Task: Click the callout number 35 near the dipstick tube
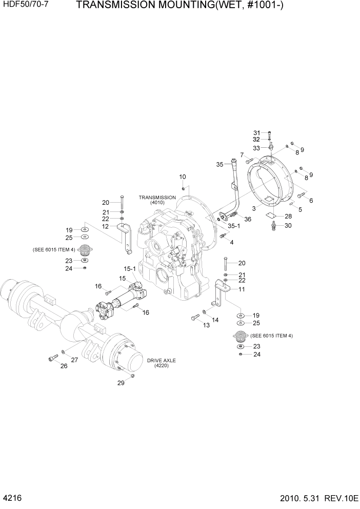click(x=219, y=165)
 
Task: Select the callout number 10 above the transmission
click(x=183, y=177)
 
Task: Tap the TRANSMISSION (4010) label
click(x=157, y=200)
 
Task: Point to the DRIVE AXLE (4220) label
click(x=161, y=364)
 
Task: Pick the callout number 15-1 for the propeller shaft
click(x=129, y=268)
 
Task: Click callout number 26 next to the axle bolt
click(x=64, y=366)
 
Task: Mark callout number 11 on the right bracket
click(x=242, y=289)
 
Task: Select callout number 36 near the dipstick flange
click(x=248, y=219)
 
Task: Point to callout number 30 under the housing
click(x=288, y=225)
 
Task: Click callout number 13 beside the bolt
click(x=207, y=325)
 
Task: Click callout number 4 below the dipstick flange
click(x=232, y=242)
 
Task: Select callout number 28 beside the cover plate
click(x=288, y=216)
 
